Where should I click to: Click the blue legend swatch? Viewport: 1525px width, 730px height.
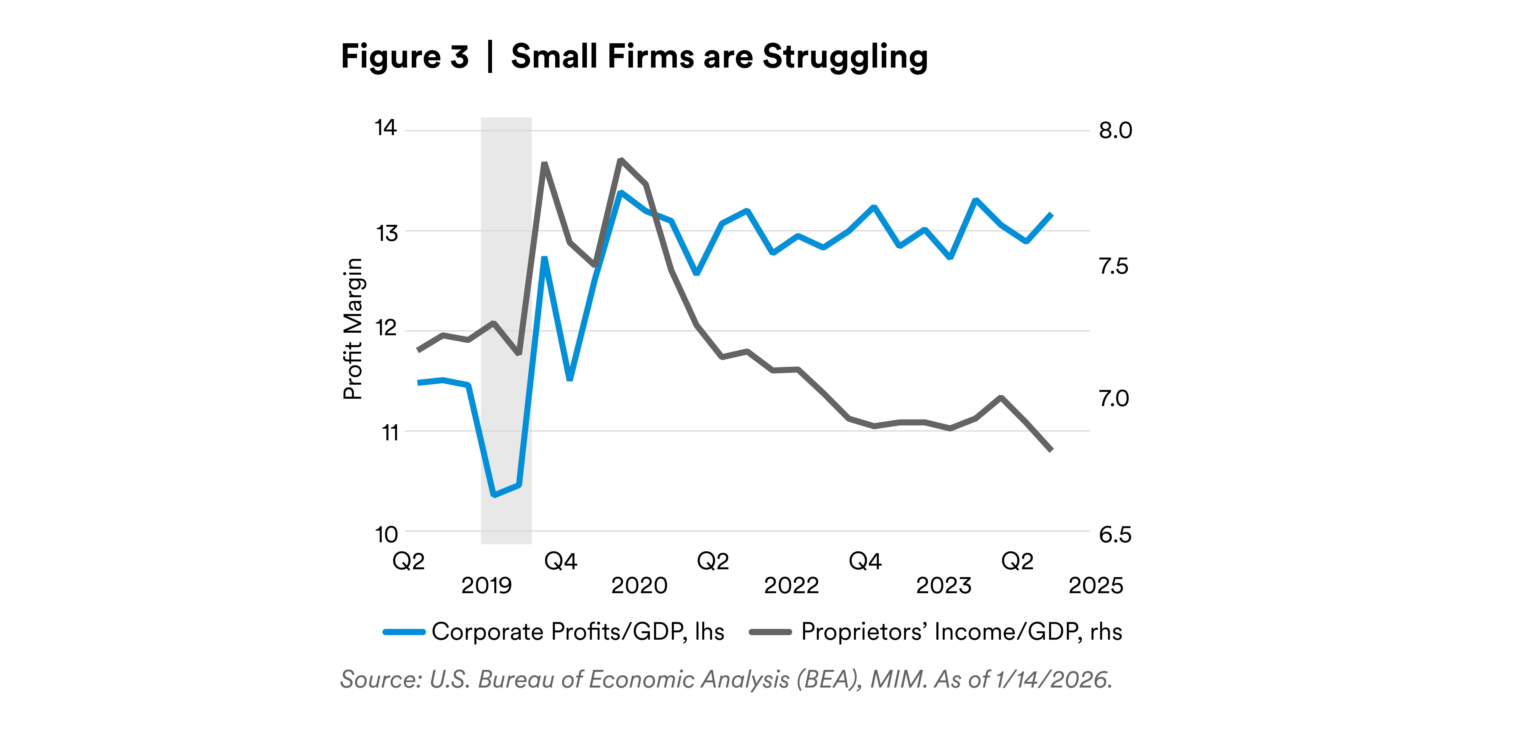[x=404, y=632]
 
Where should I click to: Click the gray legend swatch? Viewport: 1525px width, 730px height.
[x=770, y=632]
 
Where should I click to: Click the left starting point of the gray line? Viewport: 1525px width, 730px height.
[x=419, y=351]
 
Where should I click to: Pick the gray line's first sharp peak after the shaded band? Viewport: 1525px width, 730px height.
[x=544, y=163]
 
